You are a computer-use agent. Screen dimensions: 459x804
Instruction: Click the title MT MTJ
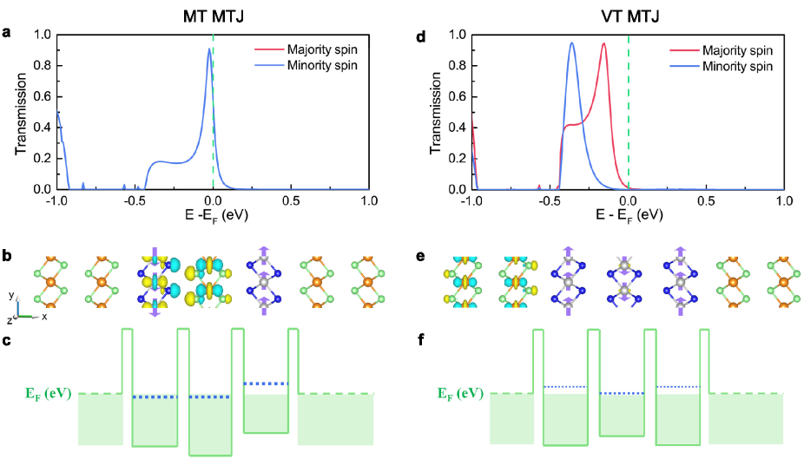pos(214,15)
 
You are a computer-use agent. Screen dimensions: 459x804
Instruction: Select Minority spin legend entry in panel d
pos(734,66)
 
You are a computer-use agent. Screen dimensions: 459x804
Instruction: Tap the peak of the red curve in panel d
pos(603,43)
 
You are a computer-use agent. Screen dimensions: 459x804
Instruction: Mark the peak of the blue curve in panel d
pos(572,43)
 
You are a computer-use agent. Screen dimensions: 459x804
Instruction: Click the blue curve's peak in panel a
pos(209,49)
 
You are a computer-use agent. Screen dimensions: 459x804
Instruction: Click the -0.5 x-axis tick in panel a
pos(135,200)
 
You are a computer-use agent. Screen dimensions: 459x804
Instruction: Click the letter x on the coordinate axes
pos(44,318)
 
